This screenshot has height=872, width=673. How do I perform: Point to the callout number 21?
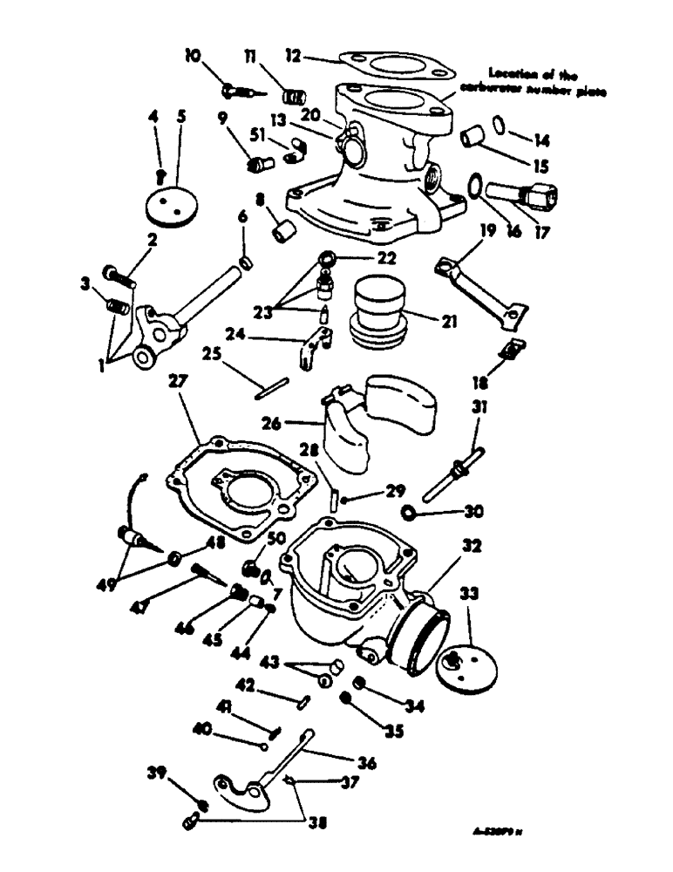[449, 322]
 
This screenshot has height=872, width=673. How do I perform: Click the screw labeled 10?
[239, 89]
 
